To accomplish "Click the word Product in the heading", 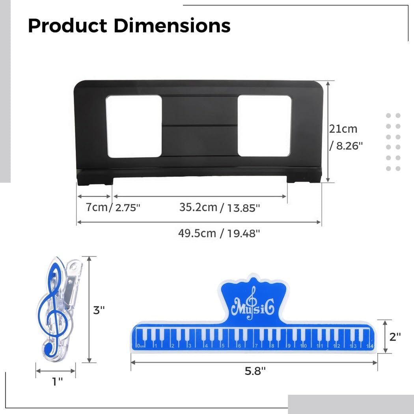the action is [x=67, y=26].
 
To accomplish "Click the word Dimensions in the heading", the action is [x=172, y=26].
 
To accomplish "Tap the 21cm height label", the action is [x=343, y=129].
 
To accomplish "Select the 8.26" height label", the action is [x=346, y=145].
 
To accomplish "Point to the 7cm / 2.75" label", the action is [x=113, y=207].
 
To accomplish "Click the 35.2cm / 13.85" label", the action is [x=219, y=207].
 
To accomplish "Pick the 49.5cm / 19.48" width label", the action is [x=219, y=233].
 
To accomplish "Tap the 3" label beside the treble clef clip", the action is [x=99, y=310].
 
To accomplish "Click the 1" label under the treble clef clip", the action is [x=57, y=382].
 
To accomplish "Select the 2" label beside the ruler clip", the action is [x=395, y=337].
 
